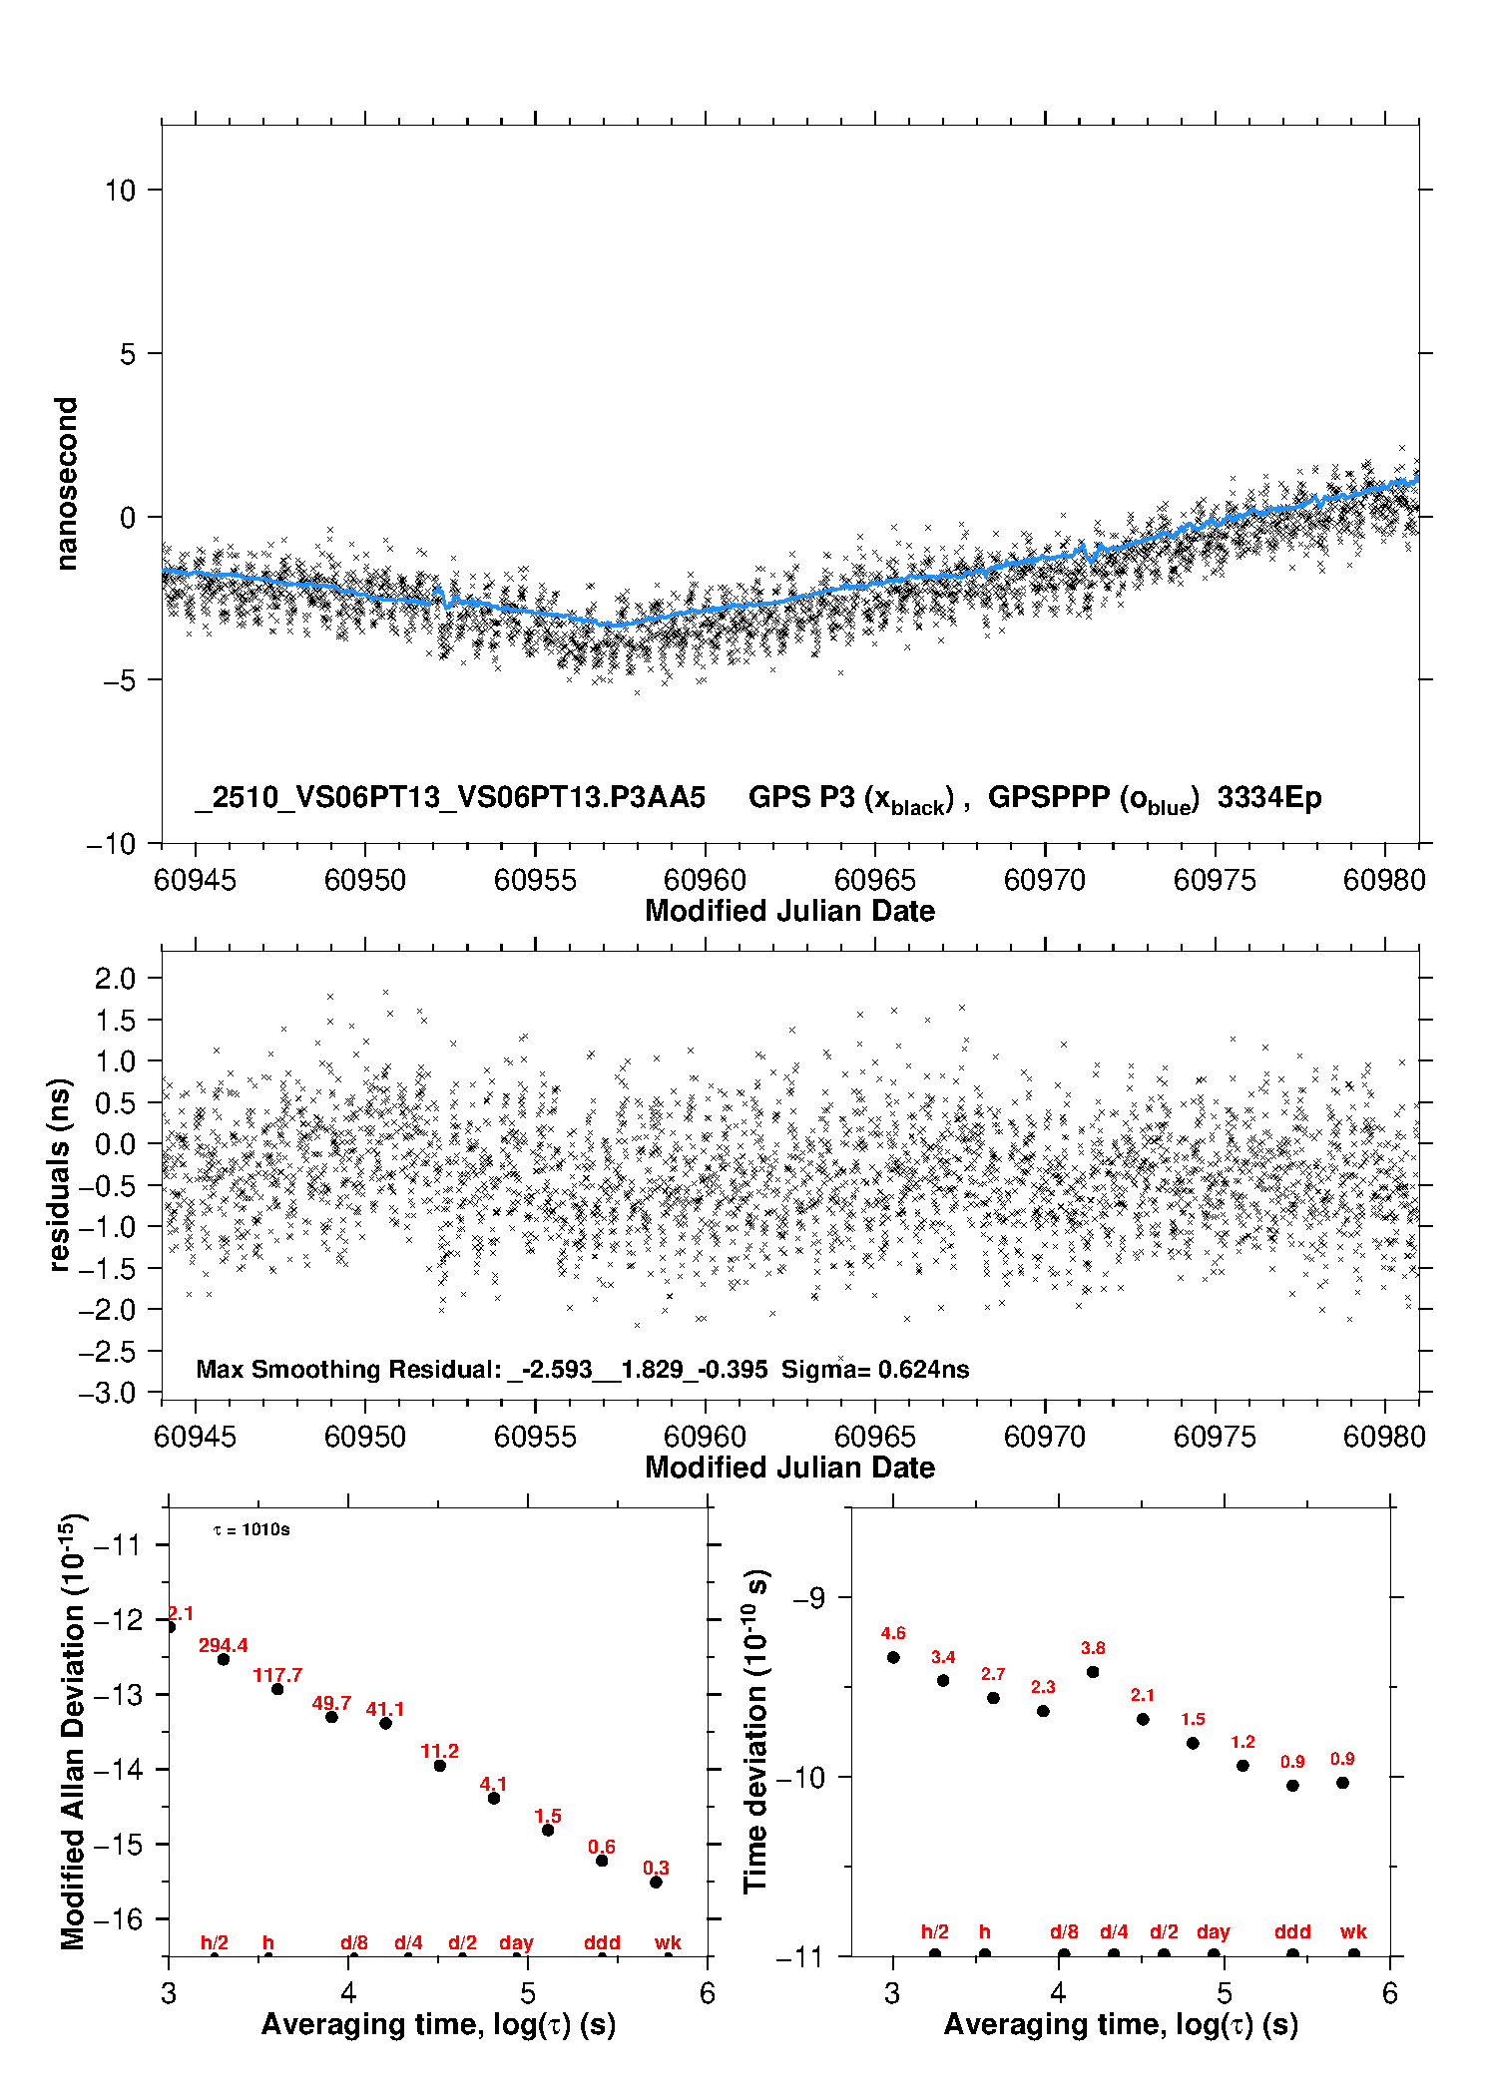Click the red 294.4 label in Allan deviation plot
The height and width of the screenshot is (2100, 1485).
click(223, 1645)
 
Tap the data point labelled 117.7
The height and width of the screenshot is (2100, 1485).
click(277, 1689)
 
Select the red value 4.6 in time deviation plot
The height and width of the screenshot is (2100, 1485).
click(893, 1633)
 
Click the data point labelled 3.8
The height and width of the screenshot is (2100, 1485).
click(1093, 1672)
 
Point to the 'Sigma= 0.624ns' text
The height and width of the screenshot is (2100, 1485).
click(875, 1369)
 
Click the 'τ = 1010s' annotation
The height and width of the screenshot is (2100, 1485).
click(251, 1529)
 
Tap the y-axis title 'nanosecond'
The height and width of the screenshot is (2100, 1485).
click(66, 483)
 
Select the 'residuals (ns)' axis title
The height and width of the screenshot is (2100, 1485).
click(60, 1174)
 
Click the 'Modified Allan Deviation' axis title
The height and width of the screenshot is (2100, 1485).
click(72, 1731)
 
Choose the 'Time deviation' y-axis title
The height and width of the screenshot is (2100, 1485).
click(755, 1731)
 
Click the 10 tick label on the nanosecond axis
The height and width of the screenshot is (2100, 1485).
click(120, 190)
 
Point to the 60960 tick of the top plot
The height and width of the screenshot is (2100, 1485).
click(705, 880)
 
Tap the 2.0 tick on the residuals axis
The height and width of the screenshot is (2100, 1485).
click(115, 978)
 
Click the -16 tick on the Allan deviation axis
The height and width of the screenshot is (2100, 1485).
click(118, 1918)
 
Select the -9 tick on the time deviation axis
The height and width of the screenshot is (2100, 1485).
click(808, 1598)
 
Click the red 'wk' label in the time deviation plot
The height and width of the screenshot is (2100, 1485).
click(1353, 1931)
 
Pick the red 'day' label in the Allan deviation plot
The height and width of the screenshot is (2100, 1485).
click(516, 1942)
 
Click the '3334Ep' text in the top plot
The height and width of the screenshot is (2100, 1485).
click(1269, 797)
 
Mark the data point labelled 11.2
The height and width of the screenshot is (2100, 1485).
click(440, 1766)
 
